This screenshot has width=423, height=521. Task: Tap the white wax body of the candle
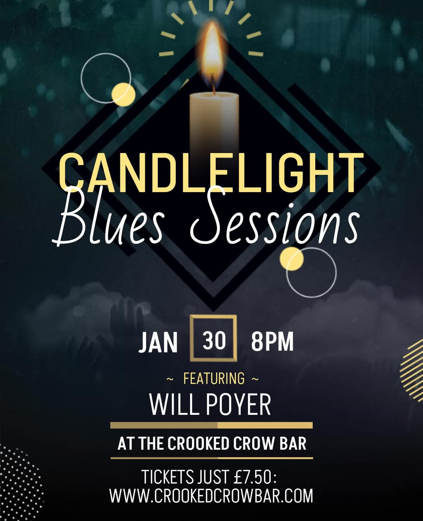(x=214, y=122)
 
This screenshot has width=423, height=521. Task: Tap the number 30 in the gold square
(x=214, y=341)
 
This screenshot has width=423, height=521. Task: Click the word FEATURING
(x=214, y=378)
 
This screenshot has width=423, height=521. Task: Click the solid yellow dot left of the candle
(x=123, y=94)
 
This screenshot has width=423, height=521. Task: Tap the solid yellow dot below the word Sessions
(x=292, y=259)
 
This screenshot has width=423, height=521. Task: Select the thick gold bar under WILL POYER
(x=211, y=425)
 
